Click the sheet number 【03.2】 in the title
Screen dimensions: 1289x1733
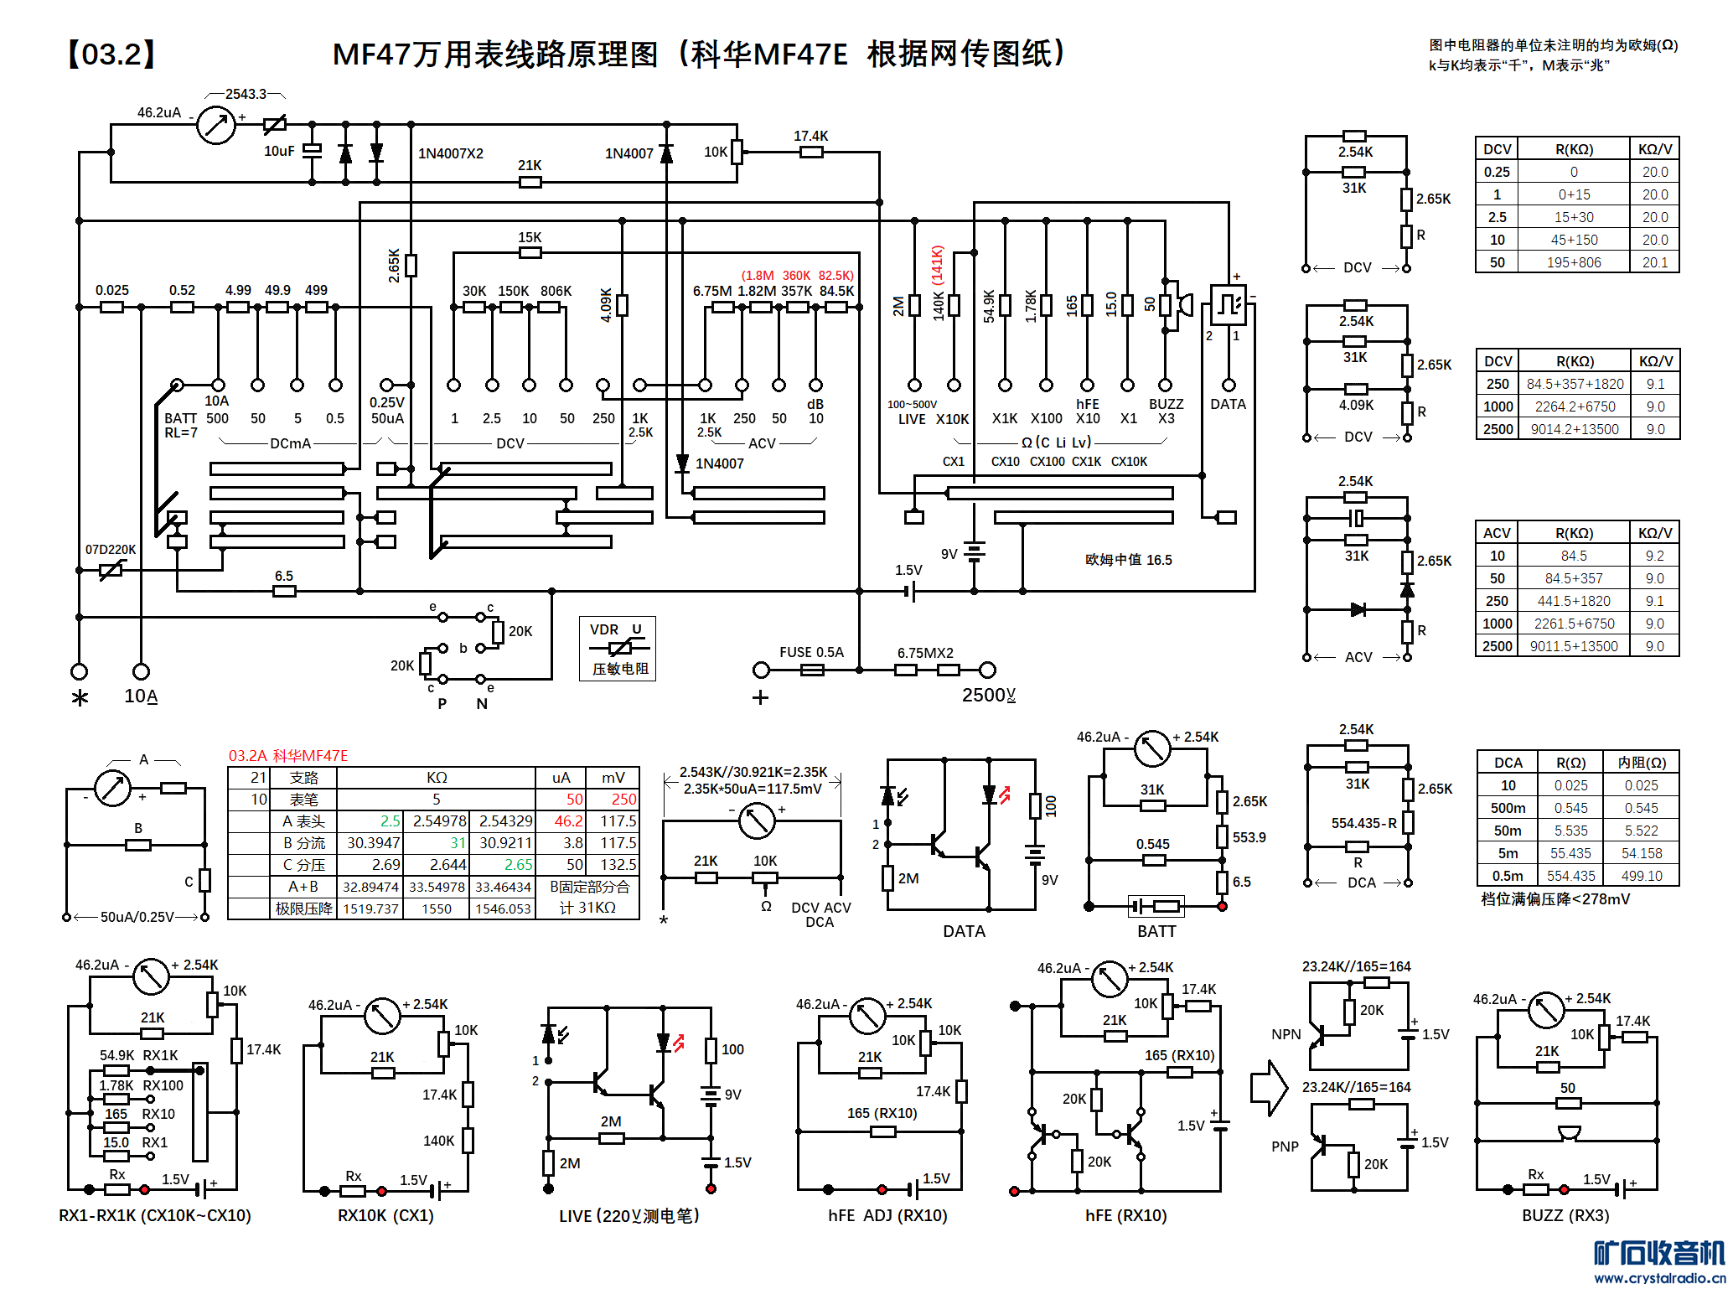click(x=111, y=54)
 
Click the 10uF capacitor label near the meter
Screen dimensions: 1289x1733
click(x=279, y=152)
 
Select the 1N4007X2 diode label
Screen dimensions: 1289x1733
click(x=451, y=153)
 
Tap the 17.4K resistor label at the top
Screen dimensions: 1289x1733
click(x=810, y=136)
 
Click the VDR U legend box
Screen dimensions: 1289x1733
click(x=618, y=649)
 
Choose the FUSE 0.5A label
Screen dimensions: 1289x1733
click(x=811, y=652)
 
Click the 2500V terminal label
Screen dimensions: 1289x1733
click(x=988, y=696)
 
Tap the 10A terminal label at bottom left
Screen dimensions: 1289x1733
click(x=140, y=696)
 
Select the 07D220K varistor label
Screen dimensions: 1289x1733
click(x=110, y=550)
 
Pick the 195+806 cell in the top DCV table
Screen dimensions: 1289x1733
click(x=1574, y=262)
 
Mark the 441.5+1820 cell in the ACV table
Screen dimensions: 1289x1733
click(x=1574, y=601)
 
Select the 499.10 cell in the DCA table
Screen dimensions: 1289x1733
click(x=1641, y=876)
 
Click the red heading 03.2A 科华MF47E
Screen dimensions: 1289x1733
click(x=287, y=756)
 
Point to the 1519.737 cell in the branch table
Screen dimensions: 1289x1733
click(x=370, y=909)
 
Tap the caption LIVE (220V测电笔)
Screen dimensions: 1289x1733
click(x=629, y=1215)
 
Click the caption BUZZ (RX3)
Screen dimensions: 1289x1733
click(x=1565, y=1215)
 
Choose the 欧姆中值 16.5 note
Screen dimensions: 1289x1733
click(x=1128, y=560)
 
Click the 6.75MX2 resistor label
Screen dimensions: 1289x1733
click(x=925, y=653)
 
